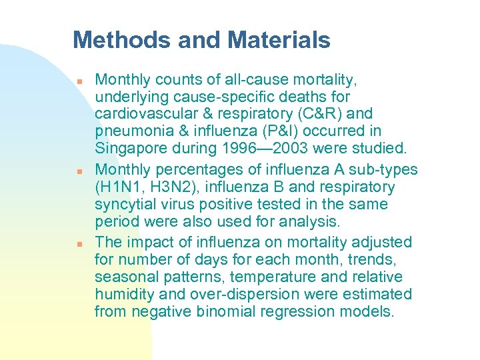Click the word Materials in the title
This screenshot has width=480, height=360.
[x=279, y=41]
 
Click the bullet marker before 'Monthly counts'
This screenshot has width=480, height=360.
[x=79, y=81]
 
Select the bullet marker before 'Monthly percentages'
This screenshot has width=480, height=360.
[x=79, y=171]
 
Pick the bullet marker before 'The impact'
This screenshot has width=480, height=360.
[x=79, y=243]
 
